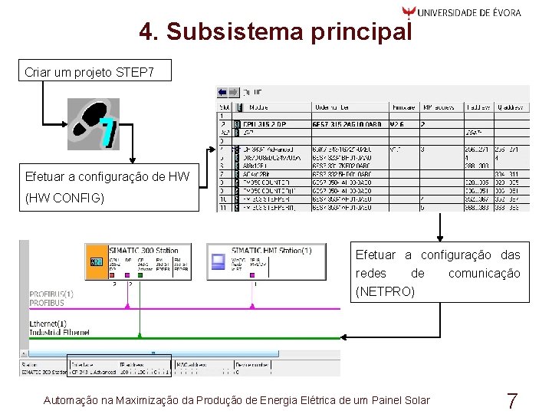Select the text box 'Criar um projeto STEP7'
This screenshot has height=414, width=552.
click(x=90, y=73)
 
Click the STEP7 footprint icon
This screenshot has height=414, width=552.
click(x=94, y=123)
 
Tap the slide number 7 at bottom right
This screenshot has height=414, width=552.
click(x=512, y=400)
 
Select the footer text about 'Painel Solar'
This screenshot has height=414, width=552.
click(x=237, y=400)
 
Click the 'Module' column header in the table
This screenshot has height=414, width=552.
click(x=257, y=107)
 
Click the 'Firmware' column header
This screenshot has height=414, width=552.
click(x=403, y=107)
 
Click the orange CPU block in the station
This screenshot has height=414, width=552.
click(x=96, y=262)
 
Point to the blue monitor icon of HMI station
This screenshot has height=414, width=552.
click(x=218, y=262)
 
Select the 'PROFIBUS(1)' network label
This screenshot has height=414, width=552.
click(x=51, y=294)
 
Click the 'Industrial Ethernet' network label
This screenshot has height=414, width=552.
click(x=60, y=332)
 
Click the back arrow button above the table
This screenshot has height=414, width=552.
click(x=223, y=91)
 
